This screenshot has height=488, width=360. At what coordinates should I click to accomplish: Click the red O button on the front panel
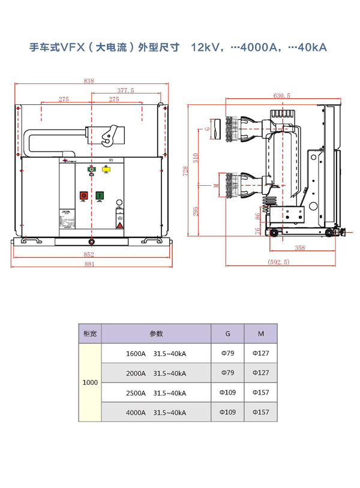tap(83, 195)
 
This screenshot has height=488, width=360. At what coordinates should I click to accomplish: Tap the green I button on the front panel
tap(99, 195)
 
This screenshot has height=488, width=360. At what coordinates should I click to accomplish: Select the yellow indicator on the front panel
tap(106, 170)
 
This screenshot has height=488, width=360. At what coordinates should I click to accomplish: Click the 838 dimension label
tap(89, 81)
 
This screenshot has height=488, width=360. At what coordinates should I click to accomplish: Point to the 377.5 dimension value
tap(125, 91)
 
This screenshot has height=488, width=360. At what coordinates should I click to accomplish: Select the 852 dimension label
tap(89, 254)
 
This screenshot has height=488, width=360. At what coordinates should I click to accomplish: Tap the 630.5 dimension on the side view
tap(281, 95)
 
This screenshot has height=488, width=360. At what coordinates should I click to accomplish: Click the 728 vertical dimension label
tap(187, 170)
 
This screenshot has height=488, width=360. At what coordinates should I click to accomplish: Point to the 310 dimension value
tap(196, 157)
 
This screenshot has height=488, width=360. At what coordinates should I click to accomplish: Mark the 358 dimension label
tap(300, 247)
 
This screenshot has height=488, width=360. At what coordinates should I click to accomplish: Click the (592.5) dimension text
tap(278, 262)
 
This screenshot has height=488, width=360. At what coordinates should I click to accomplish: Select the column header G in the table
tap(227, 333)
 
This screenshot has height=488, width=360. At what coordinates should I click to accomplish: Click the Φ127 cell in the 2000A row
tap(260, 373)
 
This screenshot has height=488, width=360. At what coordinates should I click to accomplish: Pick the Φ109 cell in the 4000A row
tap(227, 412)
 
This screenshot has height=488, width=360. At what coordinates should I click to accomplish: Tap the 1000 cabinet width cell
tap(90, 382)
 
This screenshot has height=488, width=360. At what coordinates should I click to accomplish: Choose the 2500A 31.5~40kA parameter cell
tap(156, 393)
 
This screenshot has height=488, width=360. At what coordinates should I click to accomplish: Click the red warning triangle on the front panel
tap(119, 225)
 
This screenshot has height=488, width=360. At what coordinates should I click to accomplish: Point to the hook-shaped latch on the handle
tap(109, 135)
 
